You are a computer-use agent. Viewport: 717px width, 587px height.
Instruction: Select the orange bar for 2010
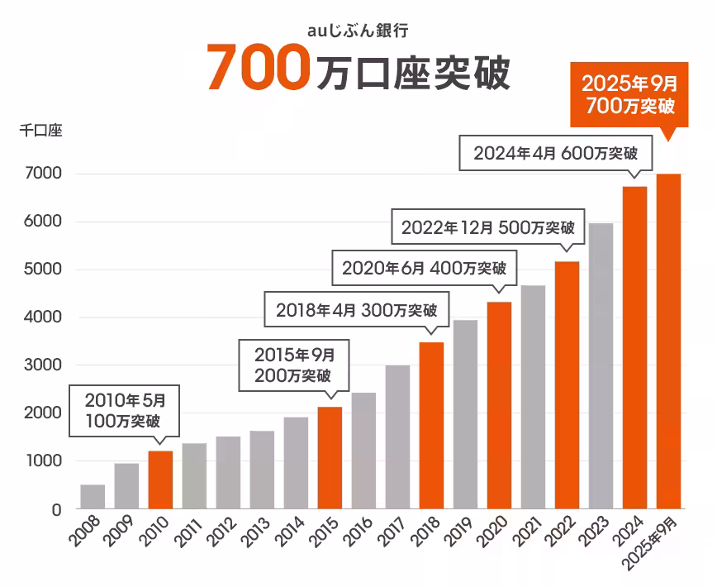coord(160,480)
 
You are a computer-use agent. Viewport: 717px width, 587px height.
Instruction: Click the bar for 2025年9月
coord(668,341)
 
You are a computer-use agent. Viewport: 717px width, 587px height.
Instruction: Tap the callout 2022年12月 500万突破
coord(487,228)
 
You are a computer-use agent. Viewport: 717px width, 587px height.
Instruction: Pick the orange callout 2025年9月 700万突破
coord(629,94)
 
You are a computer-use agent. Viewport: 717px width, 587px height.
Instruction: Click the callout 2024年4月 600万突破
coord(555,154)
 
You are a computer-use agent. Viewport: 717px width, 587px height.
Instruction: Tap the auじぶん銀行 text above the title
coord(358,31)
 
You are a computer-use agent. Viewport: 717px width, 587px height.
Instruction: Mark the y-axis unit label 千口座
coord(40,131)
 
